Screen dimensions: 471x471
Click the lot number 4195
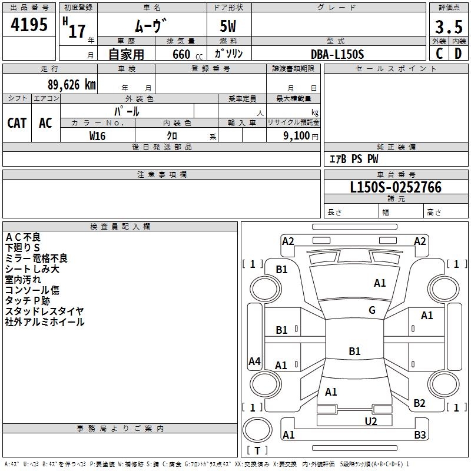[29, 25]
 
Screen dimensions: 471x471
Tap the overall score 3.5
[448, 27]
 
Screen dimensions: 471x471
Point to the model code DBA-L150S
[337, 54]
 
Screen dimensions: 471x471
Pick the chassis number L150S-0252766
[396, 188]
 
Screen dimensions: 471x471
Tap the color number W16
[97, 135]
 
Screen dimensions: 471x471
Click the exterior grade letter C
[439, 54]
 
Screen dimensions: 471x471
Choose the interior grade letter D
[458, 54]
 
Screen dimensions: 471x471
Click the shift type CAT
[17, 122]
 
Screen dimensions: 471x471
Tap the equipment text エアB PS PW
[353, 159]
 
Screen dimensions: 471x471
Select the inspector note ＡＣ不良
[23, 237]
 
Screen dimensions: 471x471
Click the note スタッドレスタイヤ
[44, 311]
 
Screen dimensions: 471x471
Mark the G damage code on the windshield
[372, 310]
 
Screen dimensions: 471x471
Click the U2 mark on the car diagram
[370, 421]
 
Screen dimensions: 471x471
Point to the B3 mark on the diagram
[420, 435]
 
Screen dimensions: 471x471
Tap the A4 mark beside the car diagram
[254, 361]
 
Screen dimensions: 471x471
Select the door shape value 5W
[228, 27]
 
